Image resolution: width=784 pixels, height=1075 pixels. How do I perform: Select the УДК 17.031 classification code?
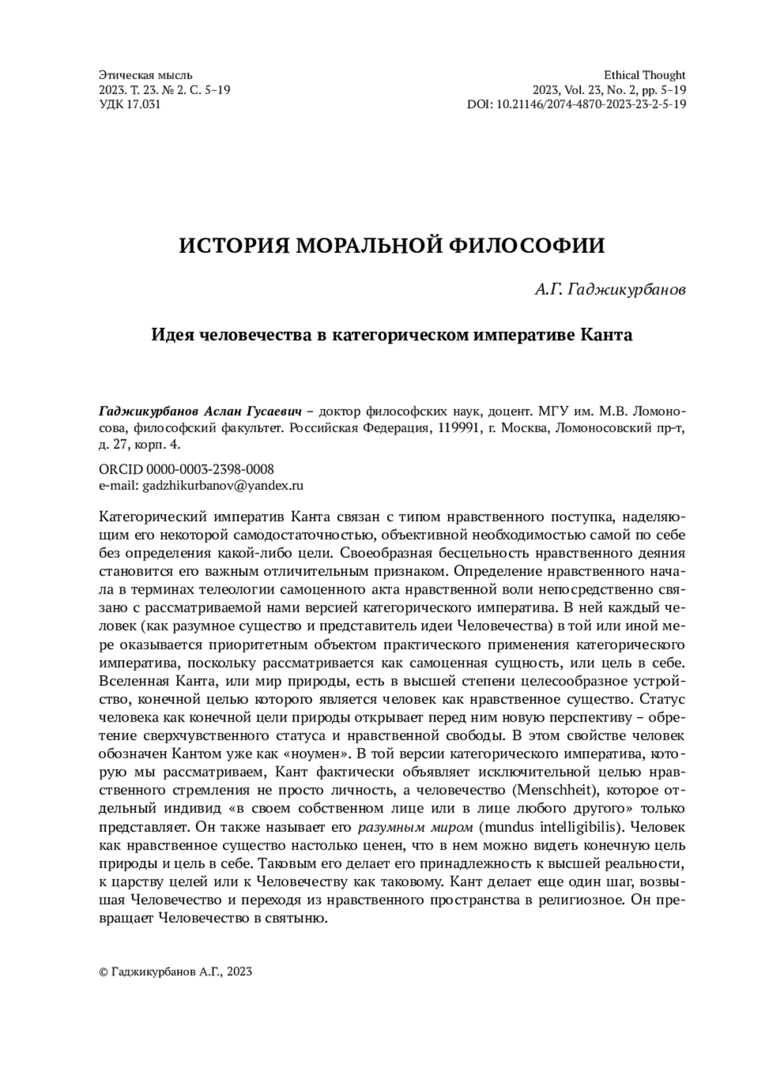click(x=129, y=104)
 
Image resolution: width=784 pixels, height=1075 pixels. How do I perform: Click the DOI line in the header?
click(x=576, y=104)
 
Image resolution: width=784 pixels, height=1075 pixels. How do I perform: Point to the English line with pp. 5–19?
click(x=610, y=90)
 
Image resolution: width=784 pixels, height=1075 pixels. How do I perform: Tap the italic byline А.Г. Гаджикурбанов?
click(x=610, y=290)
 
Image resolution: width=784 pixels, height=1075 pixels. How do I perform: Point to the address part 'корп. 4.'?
click(x=155, y=445)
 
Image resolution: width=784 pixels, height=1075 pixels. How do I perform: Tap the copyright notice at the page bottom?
click(x=175, y=972)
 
